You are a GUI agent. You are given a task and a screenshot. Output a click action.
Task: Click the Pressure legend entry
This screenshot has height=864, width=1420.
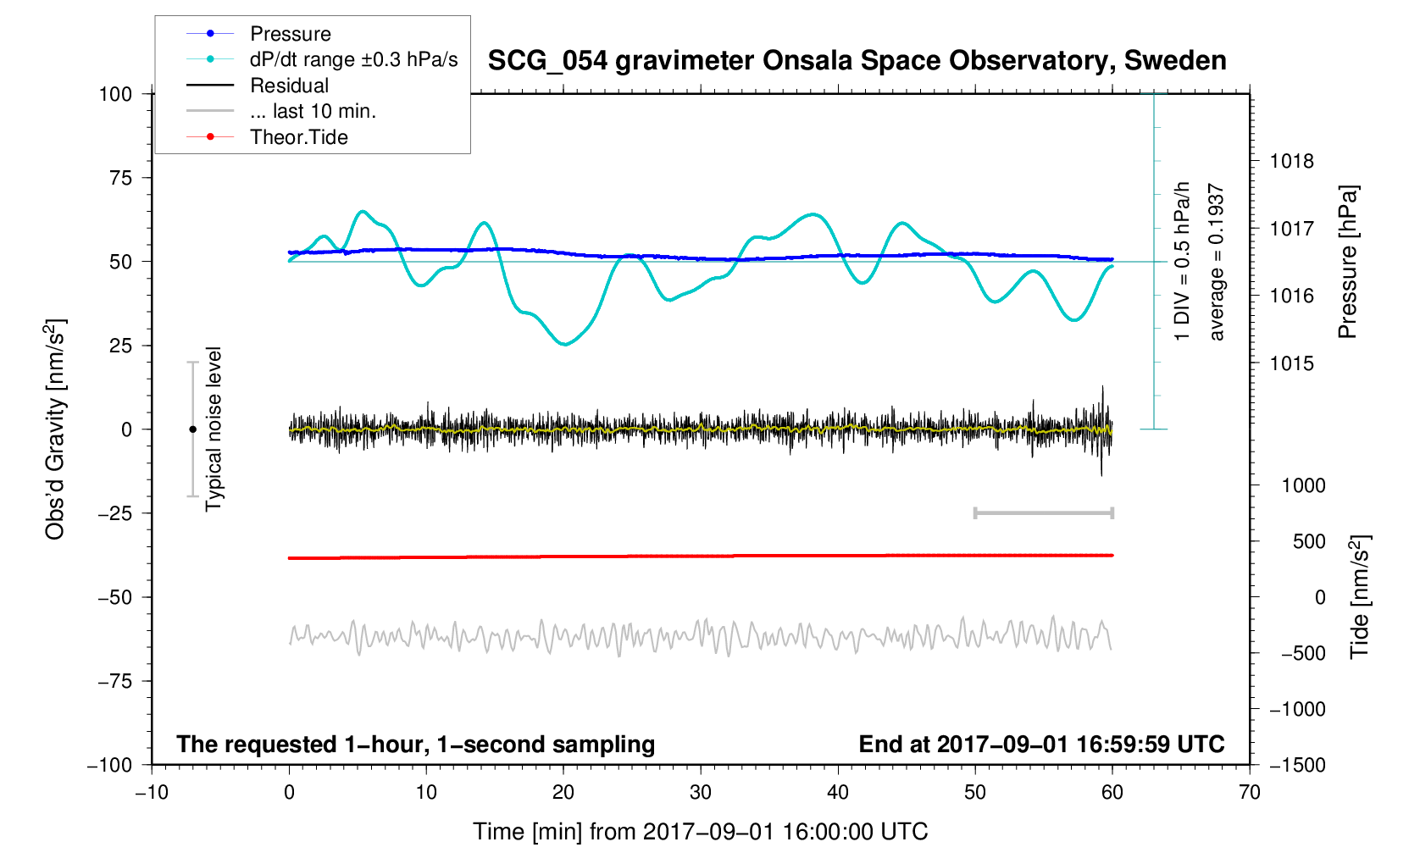click(x=290, y=34)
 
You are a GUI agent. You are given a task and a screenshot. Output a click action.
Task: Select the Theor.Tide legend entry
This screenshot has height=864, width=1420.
click(x=298, y=137)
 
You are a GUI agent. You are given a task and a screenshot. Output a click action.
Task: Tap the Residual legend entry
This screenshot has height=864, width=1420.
click(x=289, y=86)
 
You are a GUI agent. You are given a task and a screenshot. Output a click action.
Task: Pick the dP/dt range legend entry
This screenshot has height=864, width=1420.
click(x=353, y=59)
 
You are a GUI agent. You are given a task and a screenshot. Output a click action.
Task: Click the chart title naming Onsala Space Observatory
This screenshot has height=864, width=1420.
click(x=857, y=61)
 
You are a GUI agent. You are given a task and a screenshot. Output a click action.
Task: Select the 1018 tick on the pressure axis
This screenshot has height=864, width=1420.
click(x=1291, y=161)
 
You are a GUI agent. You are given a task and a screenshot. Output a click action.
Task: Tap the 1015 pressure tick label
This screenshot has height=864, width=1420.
click(x=1291, y=363)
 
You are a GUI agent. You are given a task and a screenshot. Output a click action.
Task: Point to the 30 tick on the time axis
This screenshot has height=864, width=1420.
click(x=701, y=793)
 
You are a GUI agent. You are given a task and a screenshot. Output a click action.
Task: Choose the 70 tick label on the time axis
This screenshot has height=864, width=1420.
click(x=1249, y=793)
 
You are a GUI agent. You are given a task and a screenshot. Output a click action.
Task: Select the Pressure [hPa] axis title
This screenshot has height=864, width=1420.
click(x=1347, y=263)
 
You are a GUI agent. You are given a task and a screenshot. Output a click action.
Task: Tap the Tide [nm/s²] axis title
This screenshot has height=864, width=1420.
click(x=1359, y=597)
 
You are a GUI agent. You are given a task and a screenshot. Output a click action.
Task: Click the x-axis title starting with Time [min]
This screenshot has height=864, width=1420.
click(x=700, y=832)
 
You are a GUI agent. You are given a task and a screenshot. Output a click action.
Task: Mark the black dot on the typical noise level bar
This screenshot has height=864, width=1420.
click(x=192, y=429)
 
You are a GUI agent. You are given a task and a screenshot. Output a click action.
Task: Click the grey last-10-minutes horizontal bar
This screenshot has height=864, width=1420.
click(x=1043, y=513)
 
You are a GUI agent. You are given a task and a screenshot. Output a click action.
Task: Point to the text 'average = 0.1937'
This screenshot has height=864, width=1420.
click(x=1217, y=263)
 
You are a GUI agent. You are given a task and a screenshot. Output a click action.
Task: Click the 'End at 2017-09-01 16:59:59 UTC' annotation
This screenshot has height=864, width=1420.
click(x=1041, y=745)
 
